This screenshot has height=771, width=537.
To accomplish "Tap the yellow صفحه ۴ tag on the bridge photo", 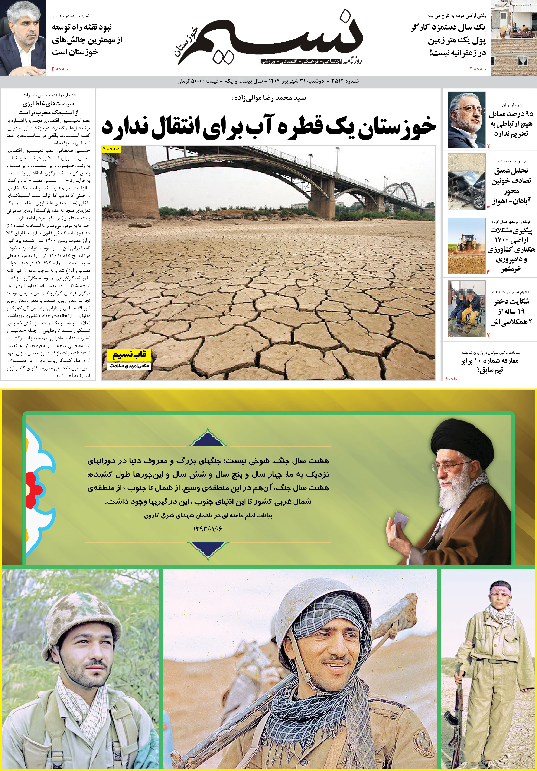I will [x=111, y=149].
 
